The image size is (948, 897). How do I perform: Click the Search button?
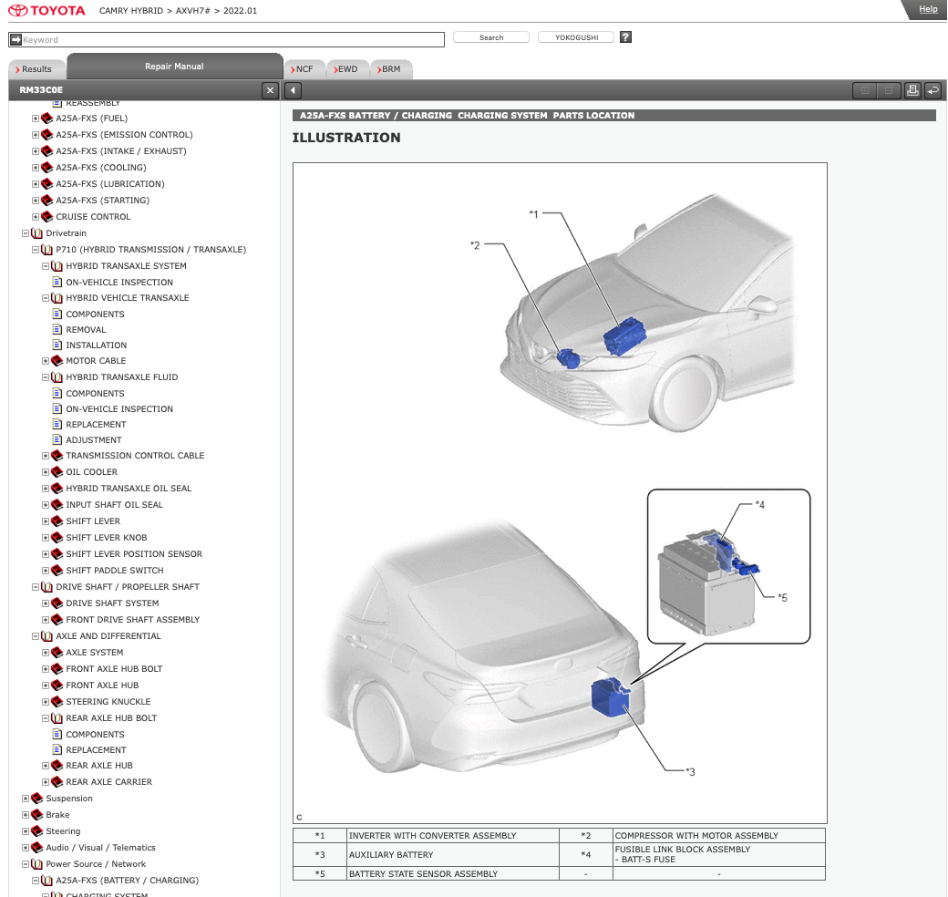pyautogui.click(x=491, y=37)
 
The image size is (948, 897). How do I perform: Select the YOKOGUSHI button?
pyautogui.click(x=575, y=37)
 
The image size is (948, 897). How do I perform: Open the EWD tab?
pyautogui.click(x=347, y=69)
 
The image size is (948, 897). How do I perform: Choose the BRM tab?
pyautogui.click(x=390, y=69)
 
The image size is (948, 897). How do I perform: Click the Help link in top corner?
pyautogui.click(x=928, y=9)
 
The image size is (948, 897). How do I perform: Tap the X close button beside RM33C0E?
pyautogui.click(x=270, y=90)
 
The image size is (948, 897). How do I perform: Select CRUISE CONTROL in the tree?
pyautogui.click(x=93, y=217)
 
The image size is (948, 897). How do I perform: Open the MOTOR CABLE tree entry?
pyautogui.click(x=96, y=361)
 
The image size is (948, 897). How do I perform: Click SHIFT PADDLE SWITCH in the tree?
pyautogui.click(x=114, y=571)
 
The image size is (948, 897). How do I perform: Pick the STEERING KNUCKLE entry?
pyautogui.click(x=108, y=702)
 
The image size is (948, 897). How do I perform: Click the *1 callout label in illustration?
pyautogui.click(x=534, y=214)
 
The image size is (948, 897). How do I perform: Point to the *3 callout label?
pyautogui.click(x=690, y=772)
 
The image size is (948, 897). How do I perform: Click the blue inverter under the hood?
pyautogui.click(x=624, y=336)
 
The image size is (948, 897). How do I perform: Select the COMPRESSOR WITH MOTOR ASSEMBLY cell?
pyautogui.click(x=696, y=836)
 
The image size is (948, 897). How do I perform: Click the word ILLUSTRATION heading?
pyautogui.click(x=346, y=138)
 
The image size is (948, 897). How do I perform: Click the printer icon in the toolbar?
pyautogui.click(x=912, y=90)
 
